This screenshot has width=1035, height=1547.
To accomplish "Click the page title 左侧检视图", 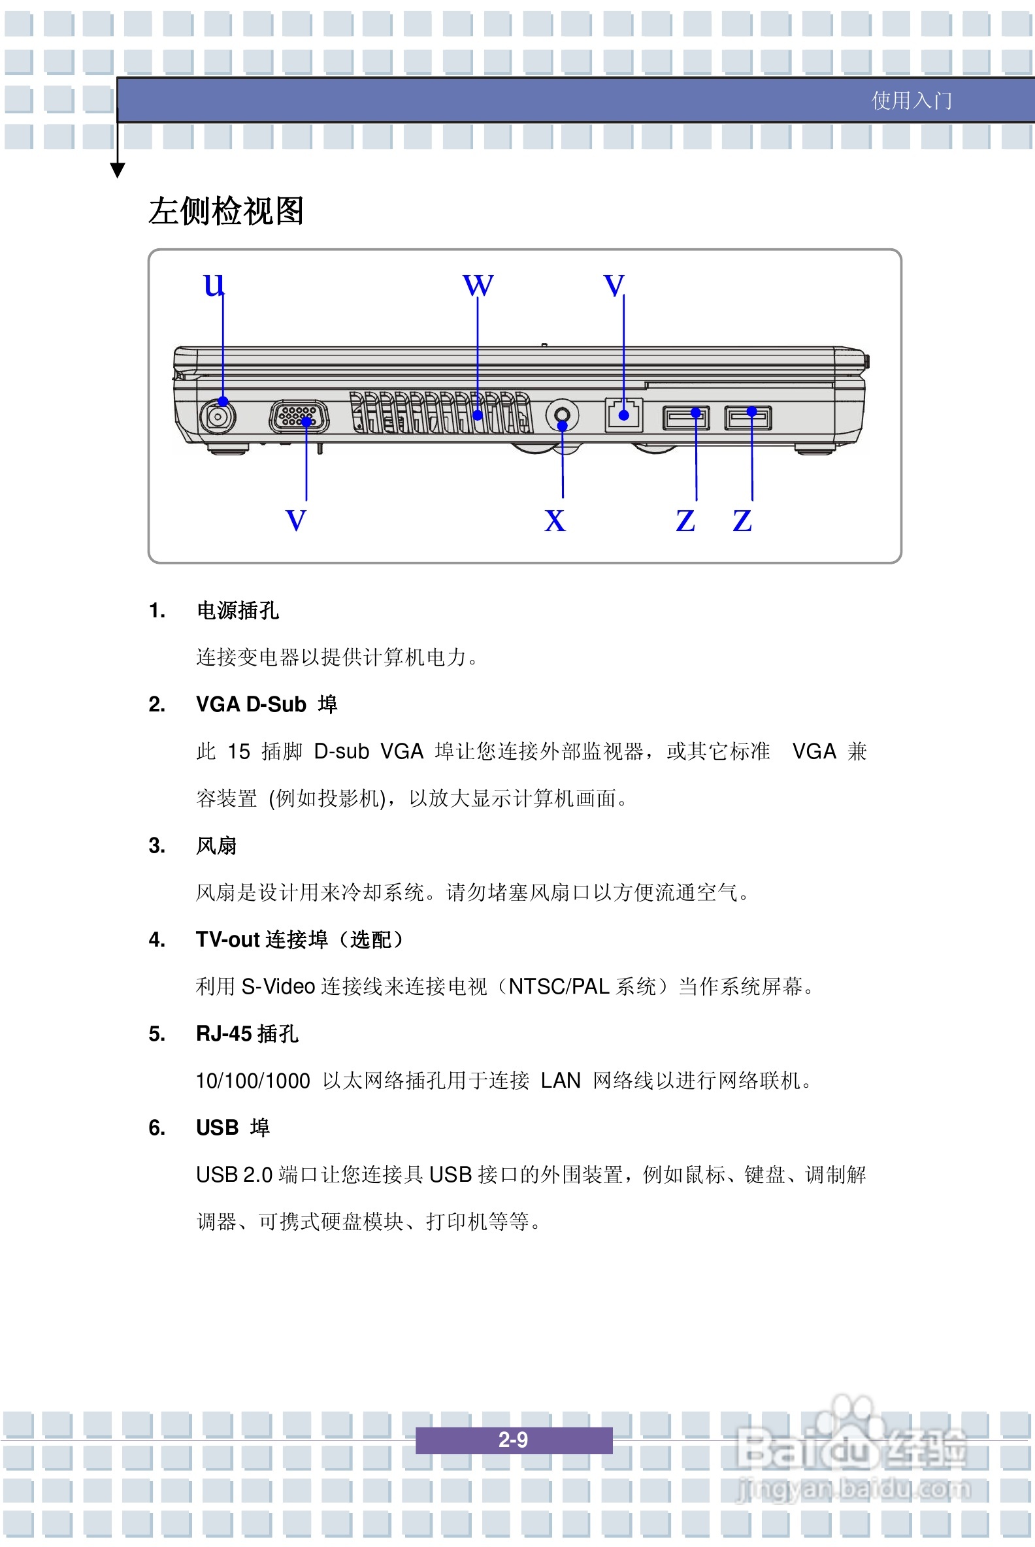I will pyautogui.click(x=225, y=211).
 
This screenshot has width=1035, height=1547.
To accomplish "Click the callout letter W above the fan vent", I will pyautogui.click(x=478, y=285).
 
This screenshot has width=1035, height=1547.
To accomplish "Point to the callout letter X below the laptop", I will pyautogui.click(x=555, y=521).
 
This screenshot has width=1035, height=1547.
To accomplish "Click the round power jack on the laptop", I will pyautogui.click(x=217, y=416).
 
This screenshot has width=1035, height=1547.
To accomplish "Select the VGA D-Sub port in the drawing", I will pyautogui.click(x=299, y=416).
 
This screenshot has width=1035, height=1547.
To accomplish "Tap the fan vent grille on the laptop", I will pyautogui.click(x=441, y=413).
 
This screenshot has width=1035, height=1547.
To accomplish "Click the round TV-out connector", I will pyautogui.click(x=563, y=415).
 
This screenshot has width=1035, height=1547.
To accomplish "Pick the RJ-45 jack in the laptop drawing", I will pyautogui.click(x=624, y=415).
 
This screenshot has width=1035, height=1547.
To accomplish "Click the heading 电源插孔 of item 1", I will pyautogui.click(x=238, y=610).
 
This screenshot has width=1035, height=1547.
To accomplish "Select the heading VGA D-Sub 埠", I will pyautogui.click(x=266, y=704).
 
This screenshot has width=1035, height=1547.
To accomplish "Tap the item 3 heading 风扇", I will pyautogui.click(x=216, y=845).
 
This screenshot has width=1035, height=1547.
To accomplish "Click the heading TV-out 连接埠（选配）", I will pyautogui.click(x=301, y=939).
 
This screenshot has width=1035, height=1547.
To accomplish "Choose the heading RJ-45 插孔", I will pyautogui.click(x=247, y=1034).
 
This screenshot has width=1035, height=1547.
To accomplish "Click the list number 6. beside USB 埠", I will pyautogui.click(x=157, y=1127).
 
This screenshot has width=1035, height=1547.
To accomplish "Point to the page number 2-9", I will pyautogui.click(x=513, y=1439).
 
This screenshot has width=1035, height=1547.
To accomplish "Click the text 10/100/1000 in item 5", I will pyautogui.click(x=253, y=1081).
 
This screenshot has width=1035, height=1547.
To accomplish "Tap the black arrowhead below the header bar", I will pyautogui.click(x=118, y=171).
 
